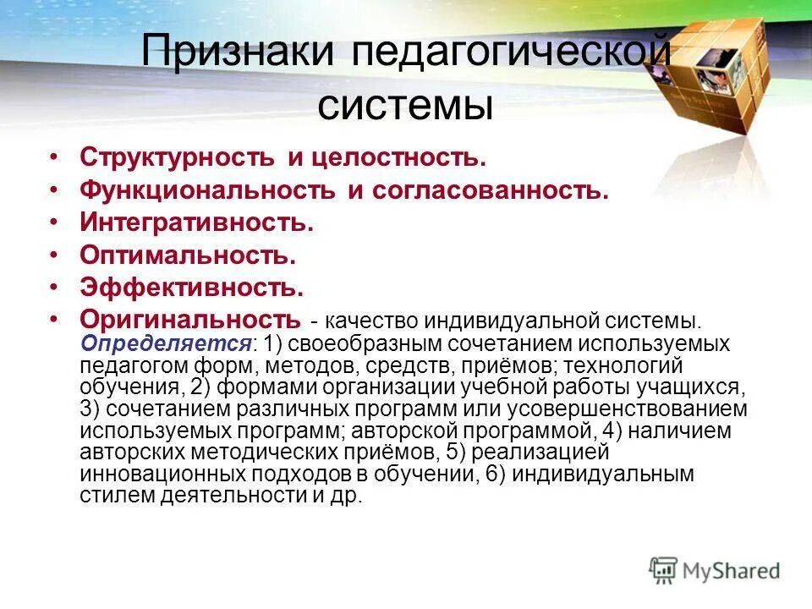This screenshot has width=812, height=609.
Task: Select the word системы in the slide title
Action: tap(405, 107)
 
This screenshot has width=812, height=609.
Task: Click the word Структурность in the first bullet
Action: tap(177, 157)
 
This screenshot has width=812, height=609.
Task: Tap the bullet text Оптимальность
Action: tap(188, 254)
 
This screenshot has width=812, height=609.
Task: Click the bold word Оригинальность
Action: tap(190, 319)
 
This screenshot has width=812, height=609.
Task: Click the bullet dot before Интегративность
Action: tap(54, 222)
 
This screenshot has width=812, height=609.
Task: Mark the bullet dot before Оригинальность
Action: tap(54, 319)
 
